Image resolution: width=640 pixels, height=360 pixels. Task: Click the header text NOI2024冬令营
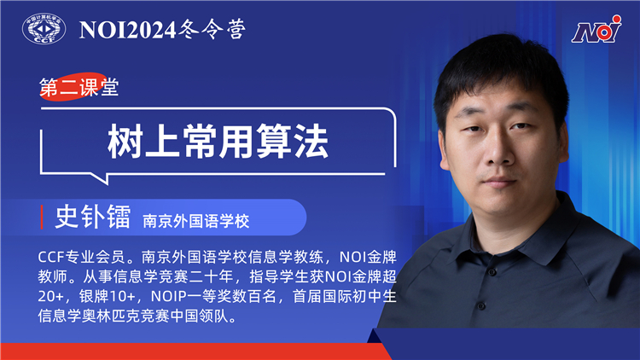[162, 31]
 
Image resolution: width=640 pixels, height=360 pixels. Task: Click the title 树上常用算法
[218, 140]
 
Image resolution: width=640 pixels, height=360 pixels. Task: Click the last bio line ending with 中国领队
[136, 316]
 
